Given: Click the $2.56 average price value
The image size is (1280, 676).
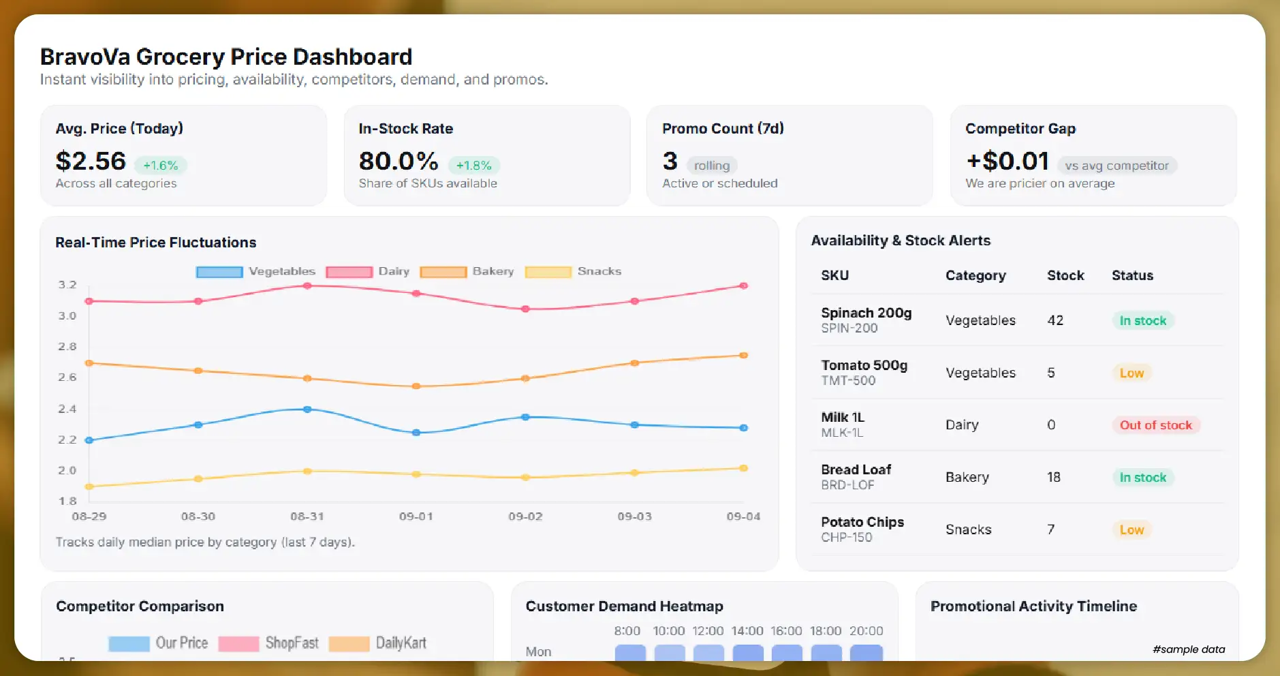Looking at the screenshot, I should click(x=91, y=162).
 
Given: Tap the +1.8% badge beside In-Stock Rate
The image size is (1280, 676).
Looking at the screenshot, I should click(x=473, y=166).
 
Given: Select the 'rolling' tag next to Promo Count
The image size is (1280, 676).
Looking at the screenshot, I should click(x=711, y=166).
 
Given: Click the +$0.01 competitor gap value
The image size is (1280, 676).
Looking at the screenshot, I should click(x=1008, y=162).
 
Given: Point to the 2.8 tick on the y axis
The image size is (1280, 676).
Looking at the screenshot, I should click(x=67, y=346).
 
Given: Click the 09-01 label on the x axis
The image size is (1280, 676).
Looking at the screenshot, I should click(x=416, y=517).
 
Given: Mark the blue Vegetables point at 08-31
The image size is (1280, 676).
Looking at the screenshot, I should click(x=307, y=410).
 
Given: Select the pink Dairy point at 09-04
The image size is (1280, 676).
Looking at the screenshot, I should click(x=744, y=286).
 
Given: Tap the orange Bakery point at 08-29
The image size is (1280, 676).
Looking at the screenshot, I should click(x=89, y=363).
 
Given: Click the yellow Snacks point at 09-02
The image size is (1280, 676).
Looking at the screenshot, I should click(x=525, y=477).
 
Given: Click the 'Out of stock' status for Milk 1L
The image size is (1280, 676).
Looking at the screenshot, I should click(x=1155, y=425).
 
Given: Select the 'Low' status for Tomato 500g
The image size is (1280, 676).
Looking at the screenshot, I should click(x=1131, y=373).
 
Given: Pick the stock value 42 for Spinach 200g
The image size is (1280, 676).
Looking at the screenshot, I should click(x=1055, y=320).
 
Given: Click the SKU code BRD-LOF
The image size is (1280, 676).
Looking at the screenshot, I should click(x=847, y=485).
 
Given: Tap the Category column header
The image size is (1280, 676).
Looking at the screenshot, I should click(x=975, y=275).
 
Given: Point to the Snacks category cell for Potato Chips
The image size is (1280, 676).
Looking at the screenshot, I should click(x=968, y=529).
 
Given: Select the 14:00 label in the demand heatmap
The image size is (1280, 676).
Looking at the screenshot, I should click(x=747, y=631).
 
